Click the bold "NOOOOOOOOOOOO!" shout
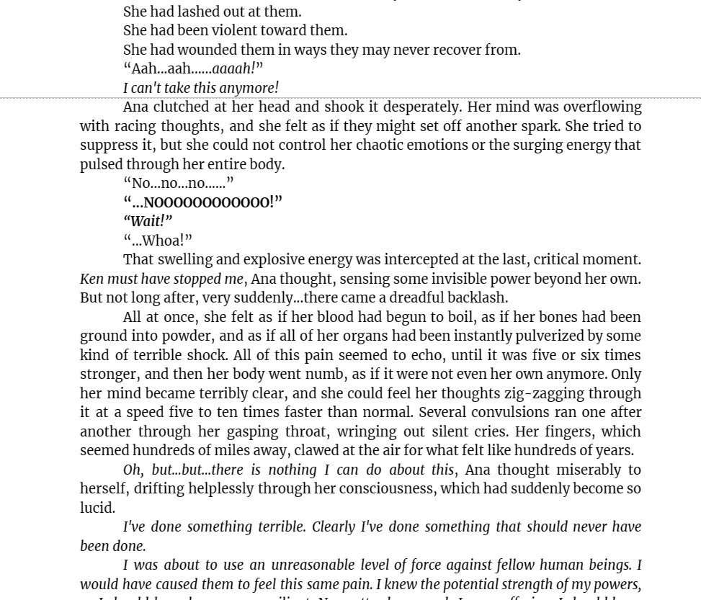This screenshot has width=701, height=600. point(209,202)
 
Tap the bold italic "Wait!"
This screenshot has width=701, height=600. point(148,221)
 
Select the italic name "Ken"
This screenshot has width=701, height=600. point(91,279)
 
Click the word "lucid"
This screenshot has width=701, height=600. point(97,508)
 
